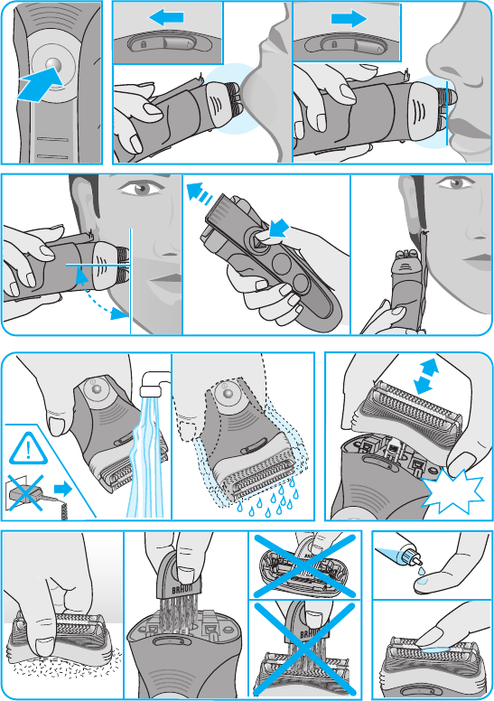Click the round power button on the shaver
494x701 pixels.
tap(52, 63)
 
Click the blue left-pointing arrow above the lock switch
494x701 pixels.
tap(166, 18)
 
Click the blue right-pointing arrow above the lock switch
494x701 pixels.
tap(350, 19)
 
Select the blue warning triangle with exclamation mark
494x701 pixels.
tap(28, 448)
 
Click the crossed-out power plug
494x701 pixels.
tap(27, 493)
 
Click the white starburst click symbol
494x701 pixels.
tap(452, 491)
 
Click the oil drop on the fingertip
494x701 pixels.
tap(424, 581)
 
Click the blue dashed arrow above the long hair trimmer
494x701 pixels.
tap(200, 193)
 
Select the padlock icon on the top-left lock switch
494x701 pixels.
tap(144, 44)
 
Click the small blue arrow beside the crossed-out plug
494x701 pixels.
tap(63, 489)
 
